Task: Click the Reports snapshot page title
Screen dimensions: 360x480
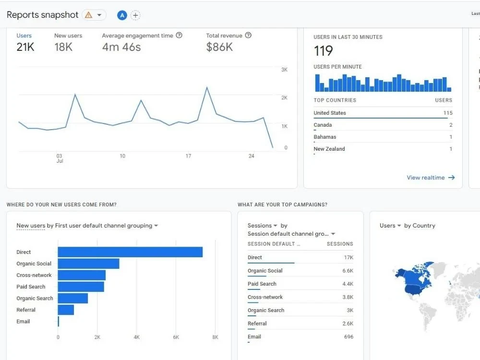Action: point(42,15)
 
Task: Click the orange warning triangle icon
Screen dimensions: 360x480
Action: point(88,15)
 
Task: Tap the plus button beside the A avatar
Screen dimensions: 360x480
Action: point(136,15)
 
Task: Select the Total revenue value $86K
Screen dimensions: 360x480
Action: point(219,47)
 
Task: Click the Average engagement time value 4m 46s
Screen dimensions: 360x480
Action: point(121,47)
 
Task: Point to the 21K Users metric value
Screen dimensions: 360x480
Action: point(25,47)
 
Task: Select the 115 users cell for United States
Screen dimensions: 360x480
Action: point(447,113)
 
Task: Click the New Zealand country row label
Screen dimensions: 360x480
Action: point(329,149)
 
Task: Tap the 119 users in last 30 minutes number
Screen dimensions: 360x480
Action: point(324,51)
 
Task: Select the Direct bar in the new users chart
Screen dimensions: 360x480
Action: point(130,252)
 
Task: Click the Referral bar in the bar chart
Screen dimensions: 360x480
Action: point(66,310)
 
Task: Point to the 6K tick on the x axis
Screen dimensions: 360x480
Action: point(176,337)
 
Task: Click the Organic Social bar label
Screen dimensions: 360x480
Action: point(34,264)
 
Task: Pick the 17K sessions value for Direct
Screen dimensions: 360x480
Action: point(348,257)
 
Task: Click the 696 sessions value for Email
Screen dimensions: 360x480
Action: point(348,336)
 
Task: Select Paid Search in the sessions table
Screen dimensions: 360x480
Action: point(262,284)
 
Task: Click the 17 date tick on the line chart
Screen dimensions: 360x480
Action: point(188,156)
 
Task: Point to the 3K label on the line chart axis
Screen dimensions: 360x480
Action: point(284,70)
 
